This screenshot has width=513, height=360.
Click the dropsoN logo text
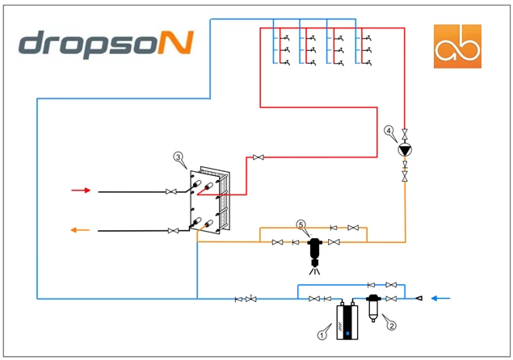click(x=106, y=44)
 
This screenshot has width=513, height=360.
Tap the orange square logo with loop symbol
click(x=457, y=46)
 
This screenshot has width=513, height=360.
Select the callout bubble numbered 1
click(x=322, y=335)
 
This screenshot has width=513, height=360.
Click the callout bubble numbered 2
click(x=391, y=325)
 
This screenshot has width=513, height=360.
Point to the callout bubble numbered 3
click(x=178, y=157)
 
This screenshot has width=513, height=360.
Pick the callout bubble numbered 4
click(x=389, y=131)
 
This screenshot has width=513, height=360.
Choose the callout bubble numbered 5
click(x=301, y=224)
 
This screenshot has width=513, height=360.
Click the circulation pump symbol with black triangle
click(x=405, y=150)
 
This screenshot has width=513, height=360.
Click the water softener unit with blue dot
click(x=347, y=320)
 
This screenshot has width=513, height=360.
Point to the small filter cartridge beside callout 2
click(x=373, y=308)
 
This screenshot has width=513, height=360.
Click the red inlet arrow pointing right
click(x=81, y=190)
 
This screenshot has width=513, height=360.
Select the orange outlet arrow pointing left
click(x=80, y=230)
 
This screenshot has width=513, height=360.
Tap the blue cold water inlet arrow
click(x=441, y=298)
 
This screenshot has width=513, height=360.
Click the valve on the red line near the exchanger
click(x=259, y=157)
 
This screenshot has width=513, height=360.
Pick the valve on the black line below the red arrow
click(x=171, y=191)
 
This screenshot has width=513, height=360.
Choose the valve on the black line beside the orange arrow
click(x=173, y=231)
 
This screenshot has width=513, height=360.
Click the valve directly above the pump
click(x=405, y=134)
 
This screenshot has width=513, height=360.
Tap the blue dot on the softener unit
click(x=347, y=333)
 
